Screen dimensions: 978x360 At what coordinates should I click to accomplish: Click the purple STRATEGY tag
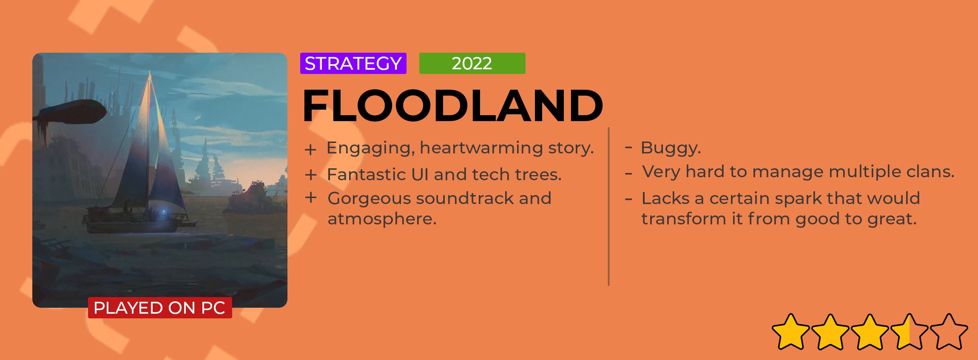pyautogui.click(x=353, y=63)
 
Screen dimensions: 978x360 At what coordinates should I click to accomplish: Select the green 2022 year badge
pyautogui.click(x=472, y=63)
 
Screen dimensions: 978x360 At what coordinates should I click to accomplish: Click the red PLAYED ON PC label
pyautogui.click(x=160, y=308)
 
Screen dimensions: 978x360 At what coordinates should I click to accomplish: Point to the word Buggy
pyautogui.click(x=671, y=148)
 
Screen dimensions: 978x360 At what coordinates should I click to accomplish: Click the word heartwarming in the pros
pyautogui.click(x=481, y=148)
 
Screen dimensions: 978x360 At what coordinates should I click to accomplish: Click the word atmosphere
pyautogui.click(x=382, y=219)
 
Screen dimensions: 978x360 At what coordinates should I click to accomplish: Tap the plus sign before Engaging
pyautogui.click(x=310, y=150)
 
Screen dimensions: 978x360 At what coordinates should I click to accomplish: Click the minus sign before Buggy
pyautogui.click(x=628, y=148)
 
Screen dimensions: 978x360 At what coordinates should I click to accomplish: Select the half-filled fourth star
pyautogui.click(x=909, y=332)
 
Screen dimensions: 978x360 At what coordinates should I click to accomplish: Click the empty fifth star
pyautogui.click(x=949, y=332)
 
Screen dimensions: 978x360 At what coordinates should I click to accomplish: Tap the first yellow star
pyautogui.click(x=790, y=332)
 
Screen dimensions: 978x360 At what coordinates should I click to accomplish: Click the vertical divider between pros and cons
pyautogui.click(x=608, y=207)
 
